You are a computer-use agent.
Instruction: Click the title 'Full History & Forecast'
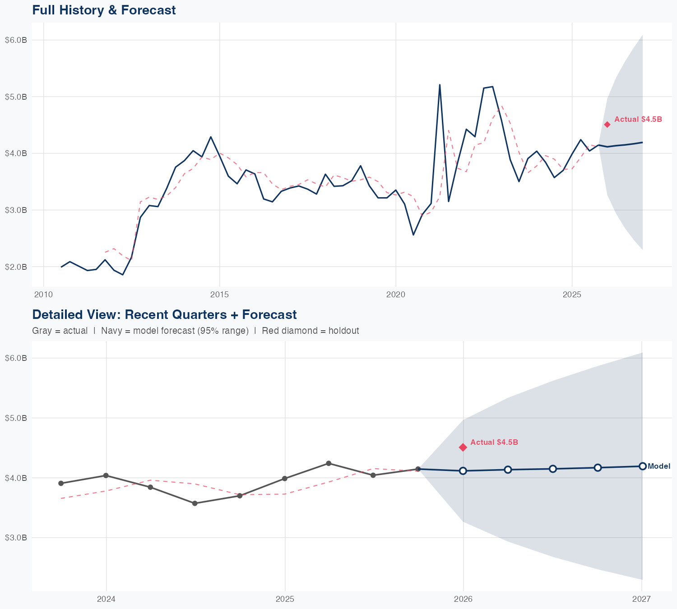pos(104,10)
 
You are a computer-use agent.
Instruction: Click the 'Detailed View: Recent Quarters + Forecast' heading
pos(164,314)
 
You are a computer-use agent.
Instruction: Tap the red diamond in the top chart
pos(607,125)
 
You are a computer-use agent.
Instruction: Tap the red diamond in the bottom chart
pos(463,447)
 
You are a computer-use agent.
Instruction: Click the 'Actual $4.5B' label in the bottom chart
pos(494,442)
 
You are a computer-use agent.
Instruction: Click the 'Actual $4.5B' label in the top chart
pos(638,119)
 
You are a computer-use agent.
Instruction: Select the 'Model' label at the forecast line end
pos(659,466)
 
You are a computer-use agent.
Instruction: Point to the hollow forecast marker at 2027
pos(642,466)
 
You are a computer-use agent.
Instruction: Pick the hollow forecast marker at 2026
pos(463,471)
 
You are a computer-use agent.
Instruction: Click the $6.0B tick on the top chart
pos(16,40)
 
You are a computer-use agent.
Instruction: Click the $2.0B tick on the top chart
pos(16,267)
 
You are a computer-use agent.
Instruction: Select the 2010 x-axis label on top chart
pos(43,295)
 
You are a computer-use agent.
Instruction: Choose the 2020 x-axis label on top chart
pos(396,295)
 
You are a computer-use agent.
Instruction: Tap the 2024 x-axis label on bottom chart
pos(107,599)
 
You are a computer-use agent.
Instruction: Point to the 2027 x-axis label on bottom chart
pos(641,599)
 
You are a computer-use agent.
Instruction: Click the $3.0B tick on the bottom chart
pos(16,538)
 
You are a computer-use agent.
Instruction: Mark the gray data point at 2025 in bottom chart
pos(285,478)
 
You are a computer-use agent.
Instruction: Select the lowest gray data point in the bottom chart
pos(195,503)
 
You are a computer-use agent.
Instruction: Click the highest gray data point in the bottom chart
pos(329,463)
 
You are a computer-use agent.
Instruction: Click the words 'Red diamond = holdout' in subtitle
pos(310,331)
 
